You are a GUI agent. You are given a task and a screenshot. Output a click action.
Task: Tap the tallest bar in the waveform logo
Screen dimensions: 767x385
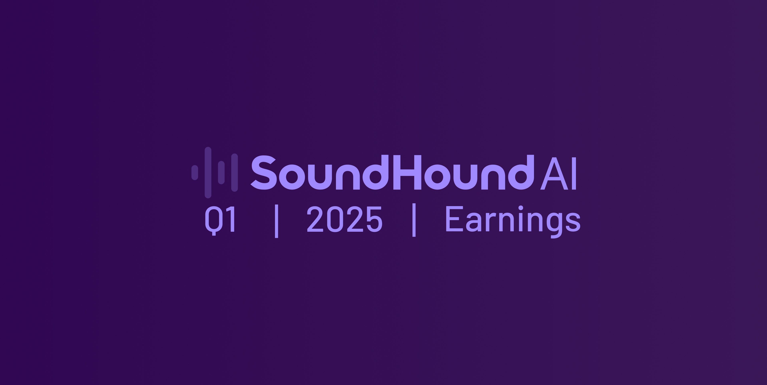208,172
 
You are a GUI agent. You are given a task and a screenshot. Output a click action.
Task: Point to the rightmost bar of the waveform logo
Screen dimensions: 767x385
235,172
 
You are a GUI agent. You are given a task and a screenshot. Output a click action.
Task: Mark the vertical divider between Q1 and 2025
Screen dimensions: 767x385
276,221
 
